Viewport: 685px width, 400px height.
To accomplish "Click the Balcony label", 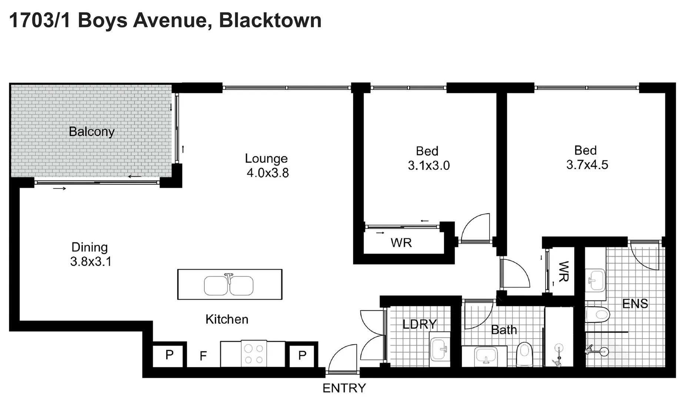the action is coord(91,131).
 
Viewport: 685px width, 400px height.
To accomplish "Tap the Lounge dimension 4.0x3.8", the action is coord(268,173).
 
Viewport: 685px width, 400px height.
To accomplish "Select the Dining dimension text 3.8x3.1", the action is coord(91,261).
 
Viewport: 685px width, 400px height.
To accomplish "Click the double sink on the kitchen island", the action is coord(229,286).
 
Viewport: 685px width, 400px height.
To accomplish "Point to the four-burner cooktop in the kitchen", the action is coord(254,354).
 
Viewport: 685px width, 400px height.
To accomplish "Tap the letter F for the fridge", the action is coord(203,356).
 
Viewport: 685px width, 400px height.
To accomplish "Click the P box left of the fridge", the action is coord(169,355).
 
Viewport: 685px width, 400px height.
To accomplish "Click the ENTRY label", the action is coord(344,388).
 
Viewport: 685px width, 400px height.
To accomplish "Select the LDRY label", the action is coord(420,324).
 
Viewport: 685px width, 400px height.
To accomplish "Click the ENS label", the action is coord(635,304).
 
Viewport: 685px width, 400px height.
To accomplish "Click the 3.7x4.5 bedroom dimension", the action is coord(587,164).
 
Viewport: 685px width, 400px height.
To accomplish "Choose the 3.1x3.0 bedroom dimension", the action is coord(429,165).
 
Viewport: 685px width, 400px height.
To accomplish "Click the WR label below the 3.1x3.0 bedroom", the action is coord(401,243).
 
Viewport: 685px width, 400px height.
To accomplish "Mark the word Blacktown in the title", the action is coord(270,20).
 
